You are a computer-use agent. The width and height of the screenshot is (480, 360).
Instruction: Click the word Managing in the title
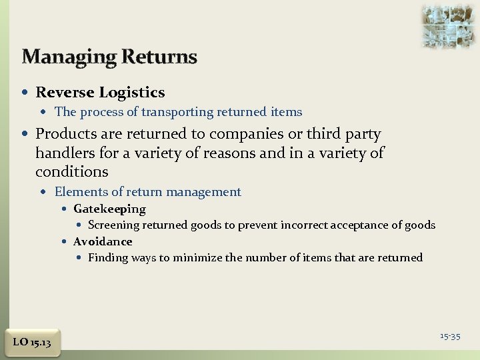coord(62,57)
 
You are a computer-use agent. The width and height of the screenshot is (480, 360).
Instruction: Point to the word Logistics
coord(132,93)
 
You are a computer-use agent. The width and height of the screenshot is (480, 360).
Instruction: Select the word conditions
coord(71,171)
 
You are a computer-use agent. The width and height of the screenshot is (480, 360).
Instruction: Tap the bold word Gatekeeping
coord(109,209)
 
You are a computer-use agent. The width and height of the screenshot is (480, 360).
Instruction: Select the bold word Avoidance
coord(103,241)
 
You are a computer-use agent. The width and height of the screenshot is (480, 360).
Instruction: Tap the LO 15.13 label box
coord(32,342)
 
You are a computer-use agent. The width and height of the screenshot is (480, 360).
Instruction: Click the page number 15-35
coord(450,336)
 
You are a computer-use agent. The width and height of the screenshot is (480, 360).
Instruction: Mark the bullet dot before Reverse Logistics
coord(27,93)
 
